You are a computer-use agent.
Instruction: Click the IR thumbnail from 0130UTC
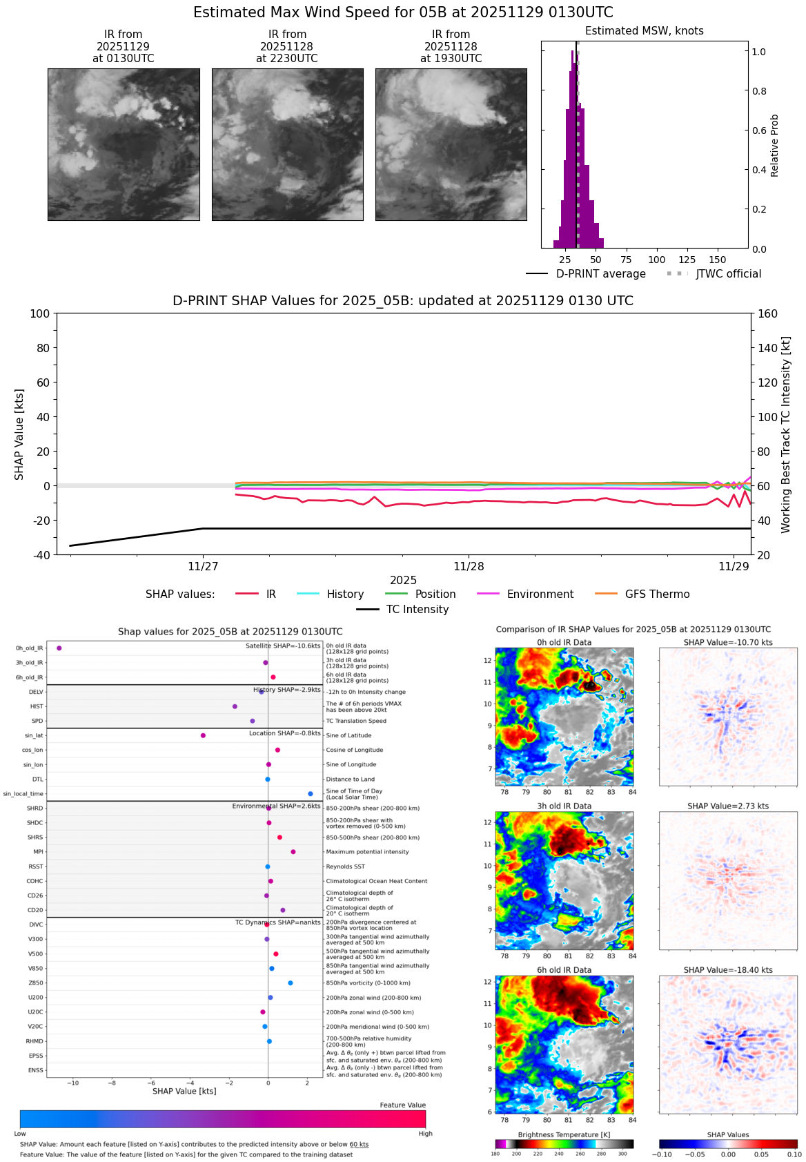[124, 144]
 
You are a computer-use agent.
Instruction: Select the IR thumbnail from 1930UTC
[451, 144]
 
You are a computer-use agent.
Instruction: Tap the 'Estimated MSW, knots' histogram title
[644, 31]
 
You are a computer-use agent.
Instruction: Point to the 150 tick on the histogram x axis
[718, 260]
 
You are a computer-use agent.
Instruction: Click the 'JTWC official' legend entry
[728, 274]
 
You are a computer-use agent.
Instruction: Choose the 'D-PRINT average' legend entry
[600, 274]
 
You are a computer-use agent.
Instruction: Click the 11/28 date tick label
[469, 567]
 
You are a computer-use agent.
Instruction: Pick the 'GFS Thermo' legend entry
[657, 594]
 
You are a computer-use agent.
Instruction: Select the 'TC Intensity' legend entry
[417, 610]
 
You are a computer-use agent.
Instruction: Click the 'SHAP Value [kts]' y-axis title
[19, 434]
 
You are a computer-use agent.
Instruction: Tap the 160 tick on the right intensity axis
[768, 314]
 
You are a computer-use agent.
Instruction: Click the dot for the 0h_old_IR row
[59, 648]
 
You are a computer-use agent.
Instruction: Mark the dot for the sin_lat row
[203, 735]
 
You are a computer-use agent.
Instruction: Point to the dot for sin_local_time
[311, 794]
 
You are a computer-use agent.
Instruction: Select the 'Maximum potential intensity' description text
[367, 852]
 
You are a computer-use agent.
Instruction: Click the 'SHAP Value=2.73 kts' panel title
[727, 806]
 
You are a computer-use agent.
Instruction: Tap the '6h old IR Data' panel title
[564, 970]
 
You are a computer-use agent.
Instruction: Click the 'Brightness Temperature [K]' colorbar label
[564, 1135]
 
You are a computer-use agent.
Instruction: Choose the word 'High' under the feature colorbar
[425, 1134]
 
